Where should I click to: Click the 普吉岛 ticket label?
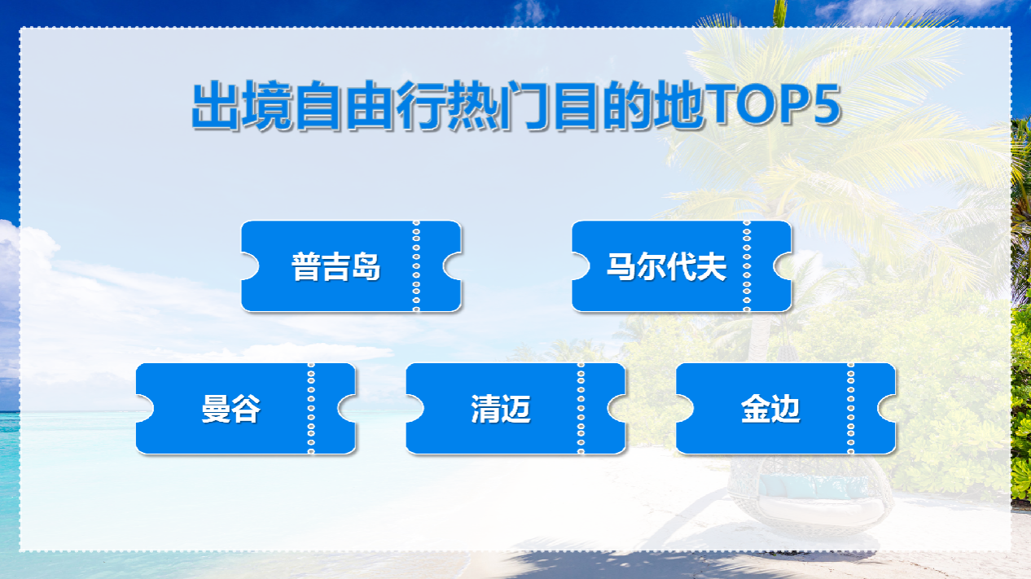(x=336, y=266)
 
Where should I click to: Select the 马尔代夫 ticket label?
(x=666, y=266)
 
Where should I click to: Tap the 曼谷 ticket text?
(x=231, y=409)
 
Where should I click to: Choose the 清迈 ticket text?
(x=501, y=409)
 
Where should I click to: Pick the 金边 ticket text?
(x=770, y=409)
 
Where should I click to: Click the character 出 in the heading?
(x=216, y=105)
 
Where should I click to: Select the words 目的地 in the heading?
(x=629, y=105)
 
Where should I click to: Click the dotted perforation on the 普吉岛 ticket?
(x=416, y=266)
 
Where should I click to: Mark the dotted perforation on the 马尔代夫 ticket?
(x=747, y=266)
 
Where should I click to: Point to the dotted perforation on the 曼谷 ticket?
(x=311, y=409)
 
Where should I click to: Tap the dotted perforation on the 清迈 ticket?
(x=581, y=409)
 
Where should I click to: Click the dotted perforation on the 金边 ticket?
(x=850, y=409)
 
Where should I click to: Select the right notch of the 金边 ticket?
(x=887, y=409)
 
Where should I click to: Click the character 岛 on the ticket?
(x=366, y=266)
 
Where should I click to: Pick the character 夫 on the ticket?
(x=712, y=266)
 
